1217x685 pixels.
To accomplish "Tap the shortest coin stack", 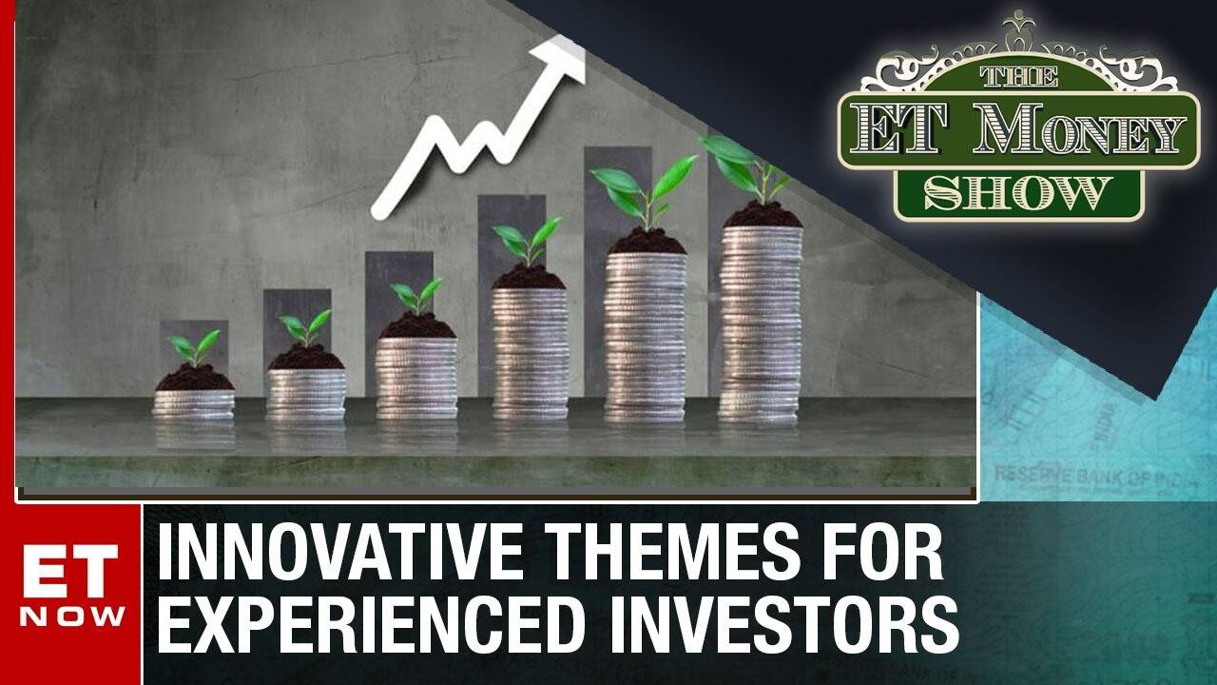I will coord(194,403).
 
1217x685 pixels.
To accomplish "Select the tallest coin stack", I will coord(760,323).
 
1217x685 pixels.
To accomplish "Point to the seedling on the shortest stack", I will coord(193,347).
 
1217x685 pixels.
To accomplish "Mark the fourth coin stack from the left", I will coord(530,352).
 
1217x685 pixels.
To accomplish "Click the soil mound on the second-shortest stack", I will coord(305,358).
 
